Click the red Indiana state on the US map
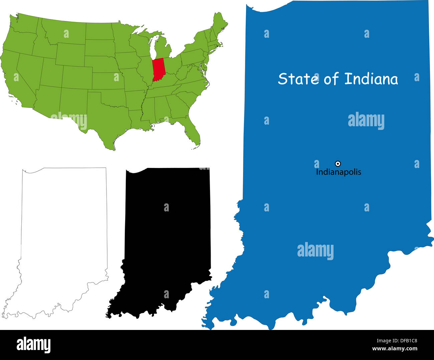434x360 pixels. click(x=158, y=69)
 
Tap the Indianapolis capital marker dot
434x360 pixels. click(x=338, y=164)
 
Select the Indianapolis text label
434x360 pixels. click(x=339, y=172)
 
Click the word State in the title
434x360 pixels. click(x=298, y=79)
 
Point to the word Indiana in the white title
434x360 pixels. click(x=371, y=79)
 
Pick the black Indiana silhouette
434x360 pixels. click(x=167, y=240)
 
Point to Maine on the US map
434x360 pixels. click(x=219, y=23)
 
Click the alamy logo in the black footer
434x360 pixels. click(x=33, y=345)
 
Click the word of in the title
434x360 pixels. click(x=331, y=79)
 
